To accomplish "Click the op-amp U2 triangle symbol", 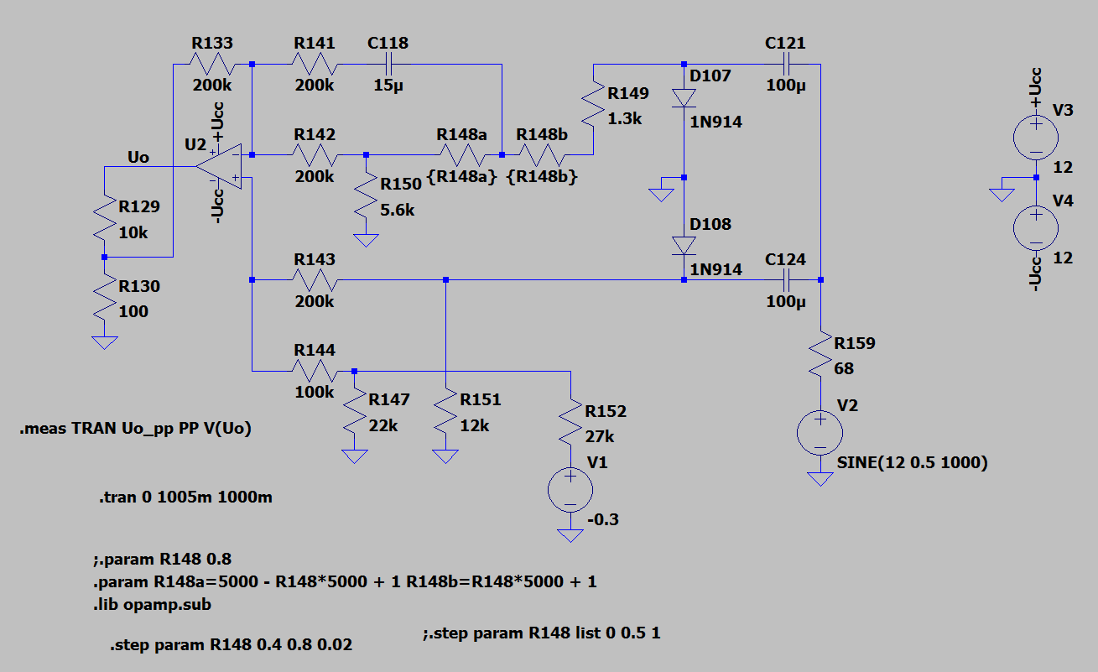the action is tap(219, 166).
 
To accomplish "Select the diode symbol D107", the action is tap(684, 98).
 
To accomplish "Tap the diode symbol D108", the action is tap(684, 246).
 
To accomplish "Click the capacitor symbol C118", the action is tap(388, 65).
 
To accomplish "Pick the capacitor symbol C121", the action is tap(786, 65).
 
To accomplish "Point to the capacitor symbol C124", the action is tap(786, 280).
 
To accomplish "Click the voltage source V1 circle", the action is tap(570, 490).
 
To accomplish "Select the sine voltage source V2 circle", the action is tap(820, 433).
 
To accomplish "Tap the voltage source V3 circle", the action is tap(1036, 138).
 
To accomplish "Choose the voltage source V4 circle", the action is tap(1036, 228).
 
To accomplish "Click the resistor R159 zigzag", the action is tap(820, 354).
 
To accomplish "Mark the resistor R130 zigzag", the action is tap(104, 298).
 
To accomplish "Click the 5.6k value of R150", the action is tap(397, 211).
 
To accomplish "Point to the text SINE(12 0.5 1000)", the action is tap(912, 463).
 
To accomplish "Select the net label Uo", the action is tap(138, 158).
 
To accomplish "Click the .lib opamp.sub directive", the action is tap(152, 605).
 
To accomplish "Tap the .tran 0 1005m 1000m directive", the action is tap(185, 497).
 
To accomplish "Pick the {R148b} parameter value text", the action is tap(542, 176).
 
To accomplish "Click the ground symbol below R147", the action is tap(355, 456).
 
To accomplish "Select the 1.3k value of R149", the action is tap(624, 118).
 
